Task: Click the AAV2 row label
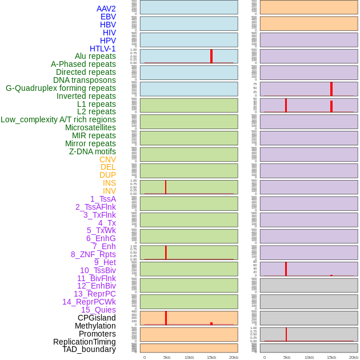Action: pyautogui.click(x=106, y=9)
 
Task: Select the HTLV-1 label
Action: pyautogui.click(x=102, y=49)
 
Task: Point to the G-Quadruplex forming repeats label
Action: pyautogui.click(x=61, y=88)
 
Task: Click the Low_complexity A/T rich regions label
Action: pyautogui.click(x=58, y=119)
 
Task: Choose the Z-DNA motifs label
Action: pyautogui.click(x=93, y=151)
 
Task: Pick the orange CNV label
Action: pyautogui.click(x=107, y=159)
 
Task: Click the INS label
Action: pyautogui.click(x=109, y=183)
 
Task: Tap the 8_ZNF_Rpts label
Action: pyautogui.click(x=93, y=254)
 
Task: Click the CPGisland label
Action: pyautogui.click(x=97, y=318)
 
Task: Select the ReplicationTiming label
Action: pyautogui.click(x=84, y=342)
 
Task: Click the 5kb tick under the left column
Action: pyautogui.click(x=167, y=357)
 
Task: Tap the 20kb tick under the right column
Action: pyautogui.click(x=354, y=357)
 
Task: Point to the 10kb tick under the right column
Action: pyautogui.click(x=309, y=357)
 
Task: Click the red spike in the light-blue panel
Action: pyautogui.click(x=211, y=55)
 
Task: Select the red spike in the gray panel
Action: pyautogui.click(x=286, y=334)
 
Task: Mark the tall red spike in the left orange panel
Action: pyautogui.click(x=166, y=318)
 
